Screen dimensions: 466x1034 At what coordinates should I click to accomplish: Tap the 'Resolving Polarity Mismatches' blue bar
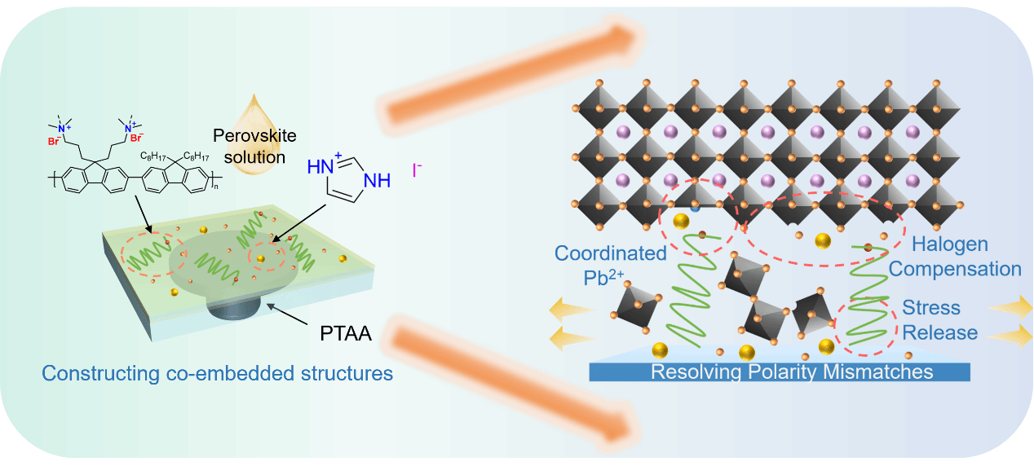(779, 372)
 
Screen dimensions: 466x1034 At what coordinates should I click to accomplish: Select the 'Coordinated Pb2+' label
(611, 263)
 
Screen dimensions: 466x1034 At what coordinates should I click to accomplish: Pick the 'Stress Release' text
(939, 320)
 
